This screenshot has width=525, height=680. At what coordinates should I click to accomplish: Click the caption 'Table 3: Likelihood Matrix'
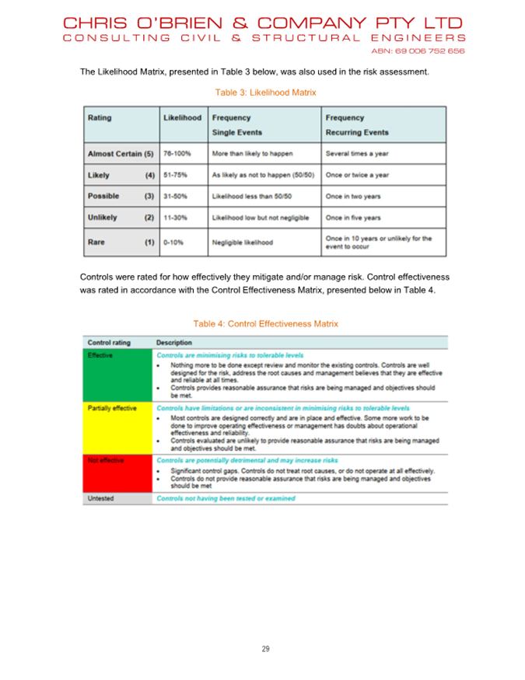(266, 92)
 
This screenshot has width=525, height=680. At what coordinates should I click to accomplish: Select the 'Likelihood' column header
(183, 118)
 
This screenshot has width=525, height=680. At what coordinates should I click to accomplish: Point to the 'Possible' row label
(104, 197)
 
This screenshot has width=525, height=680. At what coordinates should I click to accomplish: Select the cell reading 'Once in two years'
(353, 197)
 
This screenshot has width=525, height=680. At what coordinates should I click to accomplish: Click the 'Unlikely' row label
(103, 218)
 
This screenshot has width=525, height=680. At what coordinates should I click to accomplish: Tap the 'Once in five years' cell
(353, 218)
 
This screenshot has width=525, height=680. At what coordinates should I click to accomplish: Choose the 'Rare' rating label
(96, 242)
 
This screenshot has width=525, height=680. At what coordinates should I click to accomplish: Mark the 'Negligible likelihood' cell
(243, 242)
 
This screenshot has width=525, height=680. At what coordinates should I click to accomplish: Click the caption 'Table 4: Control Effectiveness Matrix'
(265, 323)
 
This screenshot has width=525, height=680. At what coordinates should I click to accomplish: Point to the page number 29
(265, 649)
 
